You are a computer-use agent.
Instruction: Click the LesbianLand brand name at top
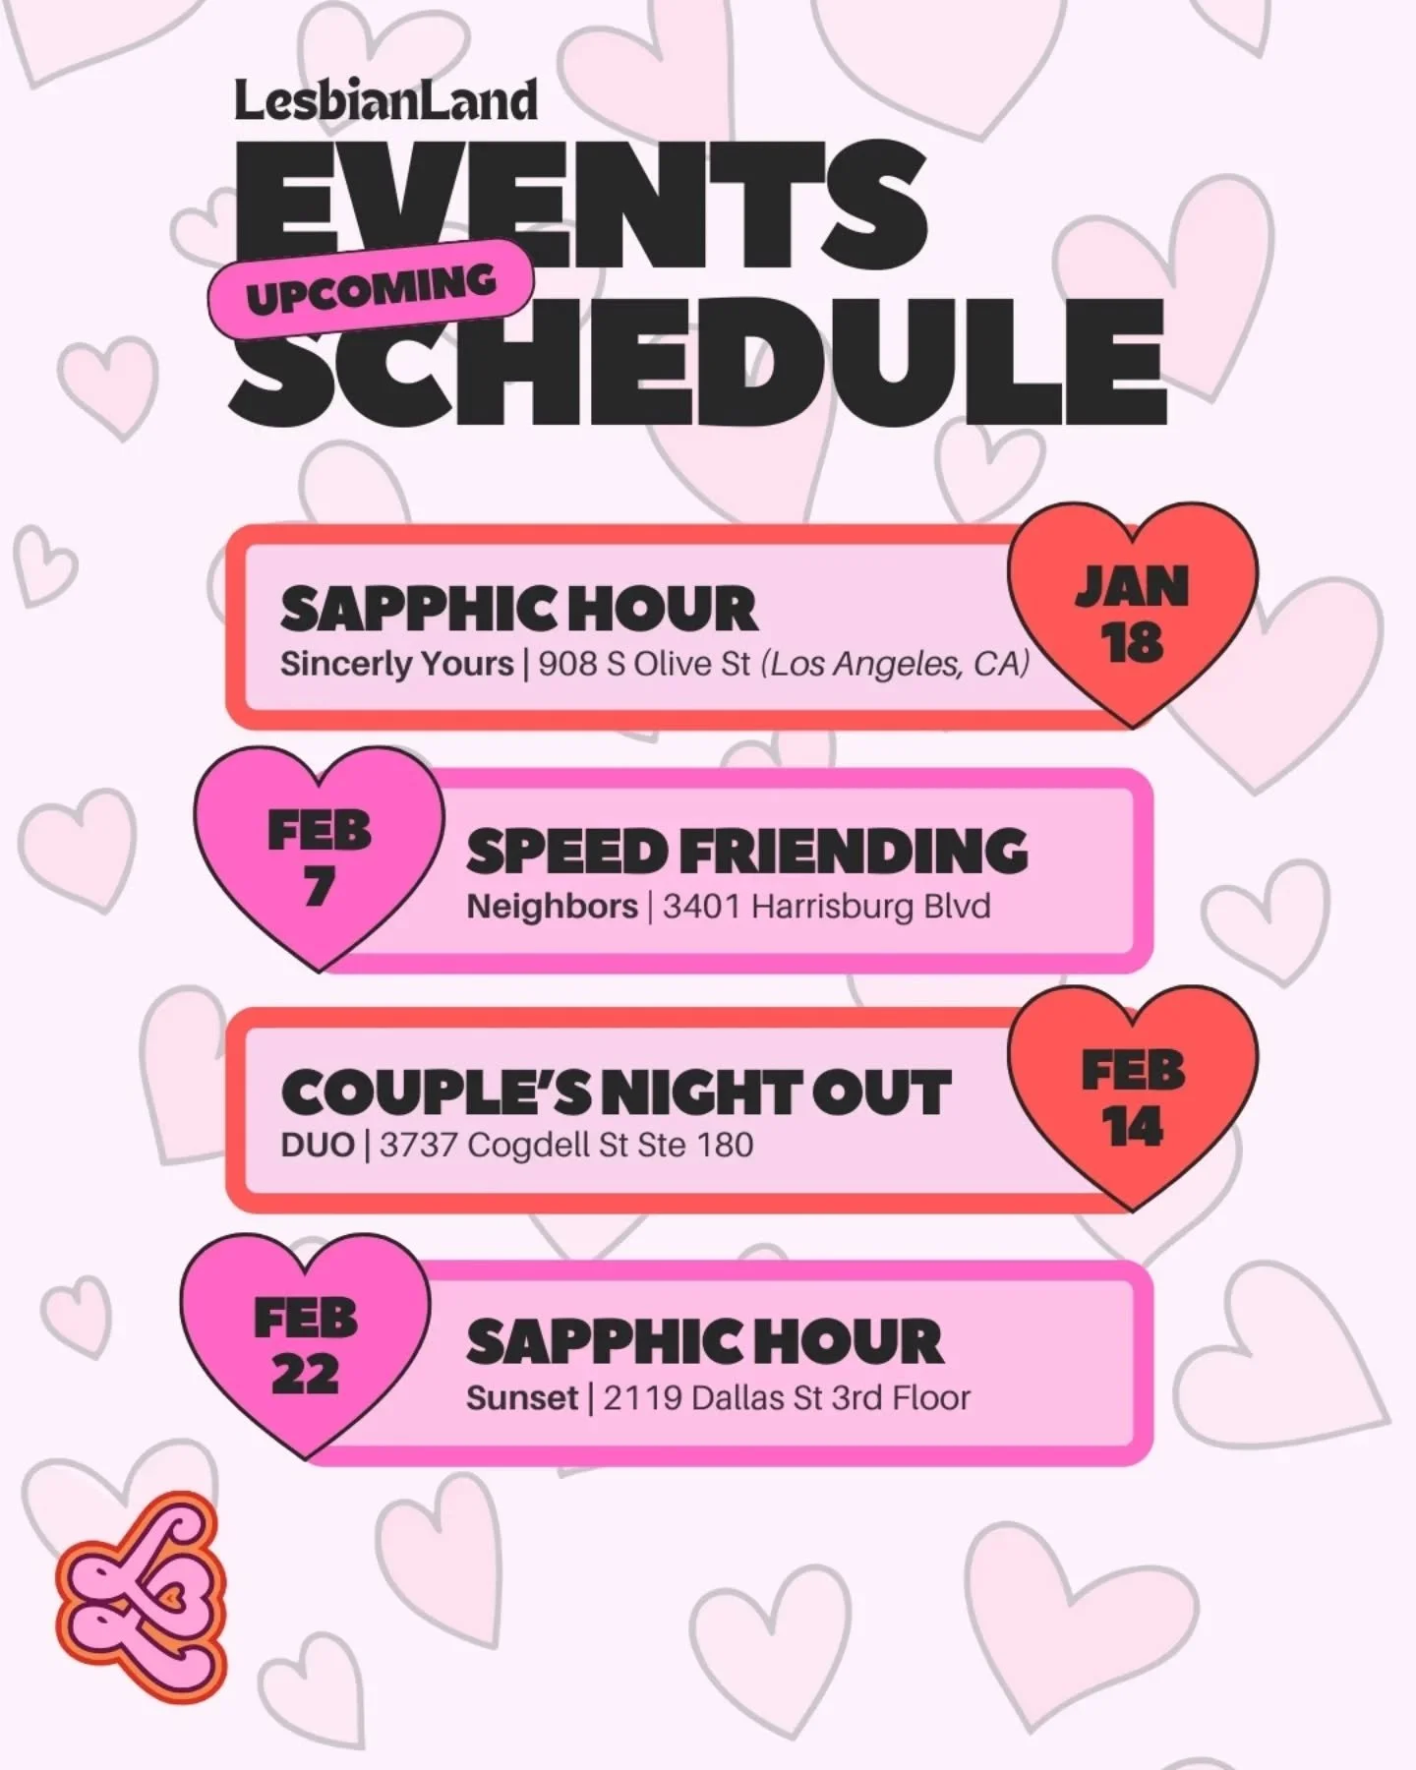click(x=385, y=101)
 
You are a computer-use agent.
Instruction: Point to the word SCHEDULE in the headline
click(x=698, y=364)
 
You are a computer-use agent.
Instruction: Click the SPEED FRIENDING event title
click(x=747, y=852)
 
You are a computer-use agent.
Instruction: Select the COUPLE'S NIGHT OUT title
click(x=616, y=1092)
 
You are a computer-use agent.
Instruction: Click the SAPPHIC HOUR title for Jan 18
click(x=518, y=609)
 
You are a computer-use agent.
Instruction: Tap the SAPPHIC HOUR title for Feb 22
click(x=704, y=1342)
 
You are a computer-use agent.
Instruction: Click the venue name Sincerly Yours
click(x=396, y=664)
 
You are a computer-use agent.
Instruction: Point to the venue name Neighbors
click(x=552, y=906)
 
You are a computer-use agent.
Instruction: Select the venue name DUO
click(x=317, y=1146)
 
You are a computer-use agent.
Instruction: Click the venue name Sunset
click(x=521, y=1397)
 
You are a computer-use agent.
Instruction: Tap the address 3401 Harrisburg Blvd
click(x=826, y=906)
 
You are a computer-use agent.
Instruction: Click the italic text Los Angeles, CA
click(x=897, y=664)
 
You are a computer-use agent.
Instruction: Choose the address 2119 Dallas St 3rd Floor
click(x=787, y=1397)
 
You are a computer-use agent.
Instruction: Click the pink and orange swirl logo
click(x=141, y=1598)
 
